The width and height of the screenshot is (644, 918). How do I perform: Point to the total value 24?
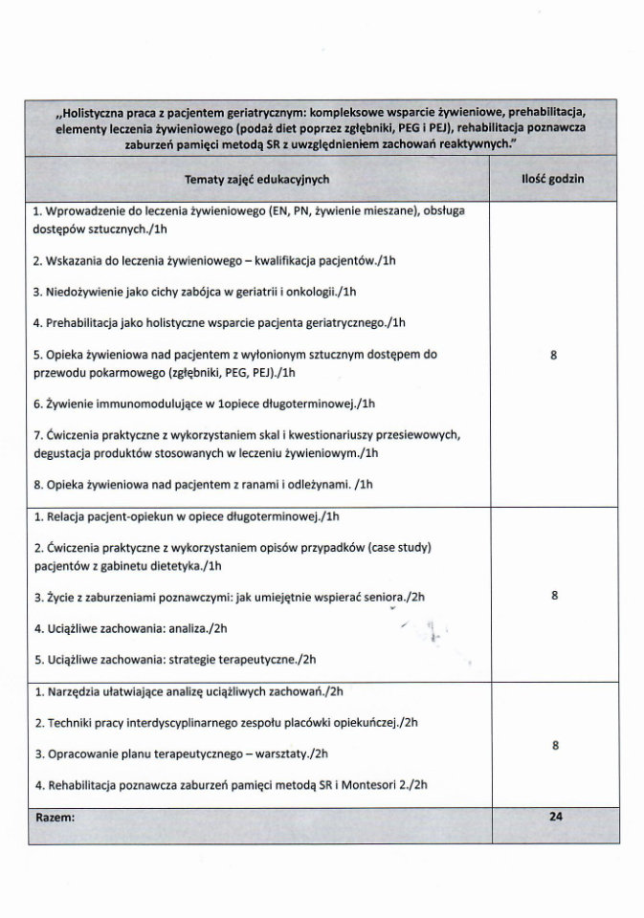555,817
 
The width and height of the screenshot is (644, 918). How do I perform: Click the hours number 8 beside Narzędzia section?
555,745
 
